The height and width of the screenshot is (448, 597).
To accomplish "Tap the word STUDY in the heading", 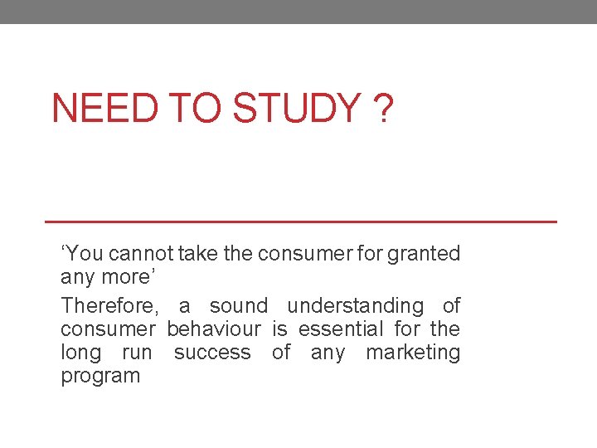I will (296, 109).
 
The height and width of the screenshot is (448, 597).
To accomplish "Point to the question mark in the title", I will (384, 109).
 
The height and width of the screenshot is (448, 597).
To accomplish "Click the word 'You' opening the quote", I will (82, 254).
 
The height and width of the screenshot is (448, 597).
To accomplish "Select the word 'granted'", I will (425, 254).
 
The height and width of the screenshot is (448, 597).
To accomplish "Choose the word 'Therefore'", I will (108, 306).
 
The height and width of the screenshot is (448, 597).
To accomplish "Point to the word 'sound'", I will (239, 306).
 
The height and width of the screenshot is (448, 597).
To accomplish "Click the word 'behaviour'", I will (214, 329).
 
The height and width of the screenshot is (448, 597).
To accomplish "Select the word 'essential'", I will (341, 329).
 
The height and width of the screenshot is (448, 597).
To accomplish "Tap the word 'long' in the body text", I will (80, 353).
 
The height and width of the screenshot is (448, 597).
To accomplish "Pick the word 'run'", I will (137, 353).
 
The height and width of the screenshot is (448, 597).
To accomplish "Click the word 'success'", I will (212, 353).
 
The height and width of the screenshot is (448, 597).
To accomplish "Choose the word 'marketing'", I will (413, 353).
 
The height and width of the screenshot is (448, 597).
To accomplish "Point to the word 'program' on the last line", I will (100, 377).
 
